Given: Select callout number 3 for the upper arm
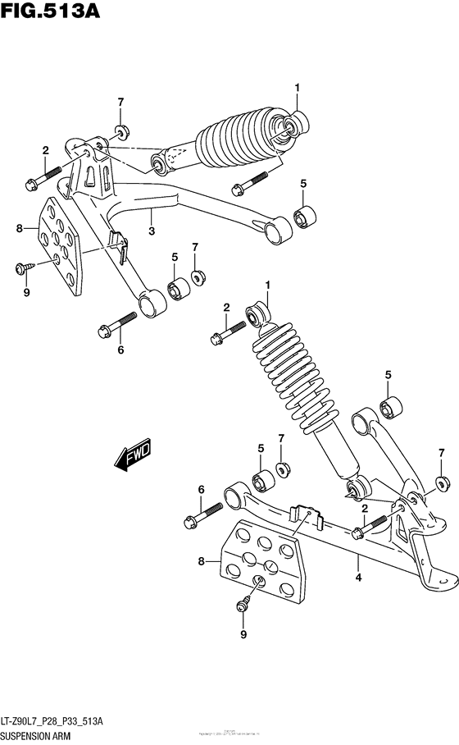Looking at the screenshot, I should pyautogui.click(x=152, y=232).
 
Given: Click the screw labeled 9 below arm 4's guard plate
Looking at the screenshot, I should pyautogui.click(x=243, y=606).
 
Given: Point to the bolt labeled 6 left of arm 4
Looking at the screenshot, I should pyautogui.click(x=202, y=515).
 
